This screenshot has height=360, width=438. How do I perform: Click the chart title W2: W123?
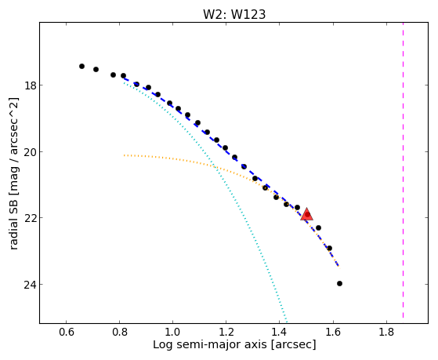(234, 14)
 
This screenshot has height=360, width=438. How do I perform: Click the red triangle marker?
(306, 214)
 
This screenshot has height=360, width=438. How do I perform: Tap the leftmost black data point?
(81, 67)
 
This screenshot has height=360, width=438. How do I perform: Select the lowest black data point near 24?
(340, 284)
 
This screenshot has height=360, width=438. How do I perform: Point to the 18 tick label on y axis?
(29, 85)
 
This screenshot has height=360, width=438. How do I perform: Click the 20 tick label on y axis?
(29, 152)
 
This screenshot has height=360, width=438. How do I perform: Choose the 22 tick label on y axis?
(29, 218)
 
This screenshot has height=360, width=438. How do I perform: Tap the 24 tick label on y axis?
(29, 285)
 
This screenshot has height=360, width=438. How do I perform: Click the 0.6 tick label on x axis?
(66, 332)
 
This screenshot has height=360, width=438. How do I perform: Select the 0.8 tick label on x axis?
(120, 332)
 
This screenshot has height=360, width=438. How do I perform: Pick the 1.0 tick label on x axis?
(173, 332)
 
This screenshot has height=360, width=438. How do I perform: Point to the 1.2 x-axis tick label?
(226, 332)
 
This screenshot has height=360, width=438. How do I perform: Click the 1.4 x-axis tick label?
(280, 332)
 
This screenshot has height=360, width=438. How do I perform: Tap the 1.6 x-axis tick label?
(333, 332)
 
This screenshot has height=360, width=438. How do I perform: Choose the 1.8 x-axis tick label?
(386, 332)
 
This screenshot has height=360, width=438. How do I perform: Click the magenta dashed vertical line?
(403, 170)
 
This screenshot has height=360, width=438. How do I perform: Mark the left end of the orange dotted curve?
(125, 155)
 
